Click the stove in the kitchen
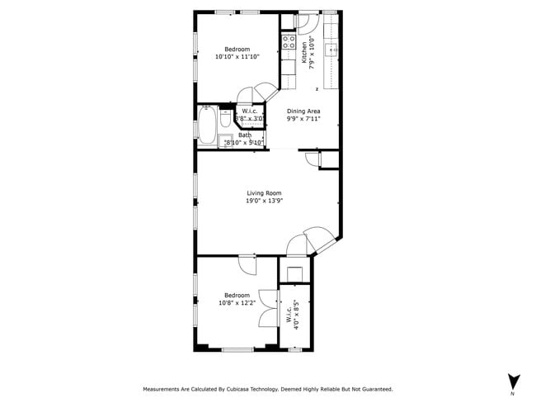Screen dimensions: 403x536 click(289, 41)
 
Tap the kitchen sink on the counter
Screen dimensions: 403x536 click(333, 50)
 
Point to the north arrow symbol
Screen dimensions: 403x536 click(514, 381)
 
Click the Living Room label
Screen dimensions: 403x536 click(264, 193)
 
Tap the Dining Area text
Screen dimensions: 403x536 click(303, 111)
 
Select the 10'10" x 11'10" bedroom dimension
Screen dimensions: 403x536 click(237, 57)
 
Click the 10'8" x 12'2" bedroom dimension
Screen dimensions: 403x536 click(237, 302)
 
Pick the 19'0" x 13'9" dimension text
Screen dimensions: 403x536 click(264, 201)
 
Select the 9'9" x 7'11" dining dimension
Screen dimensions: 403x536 click(303, 118)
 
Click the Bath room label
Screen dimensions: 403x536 click(245, 135)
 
